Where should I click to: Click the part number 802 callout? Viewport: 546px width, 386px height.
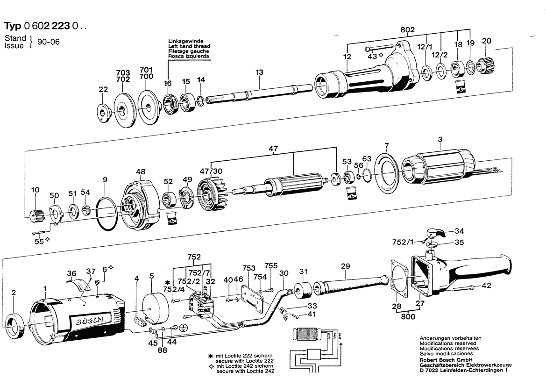point(407,29)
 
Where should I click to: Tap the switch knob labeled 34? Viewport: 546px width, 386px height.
point(437,232)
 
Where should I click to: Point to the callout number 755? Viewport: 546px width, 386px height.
point(271,265)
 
